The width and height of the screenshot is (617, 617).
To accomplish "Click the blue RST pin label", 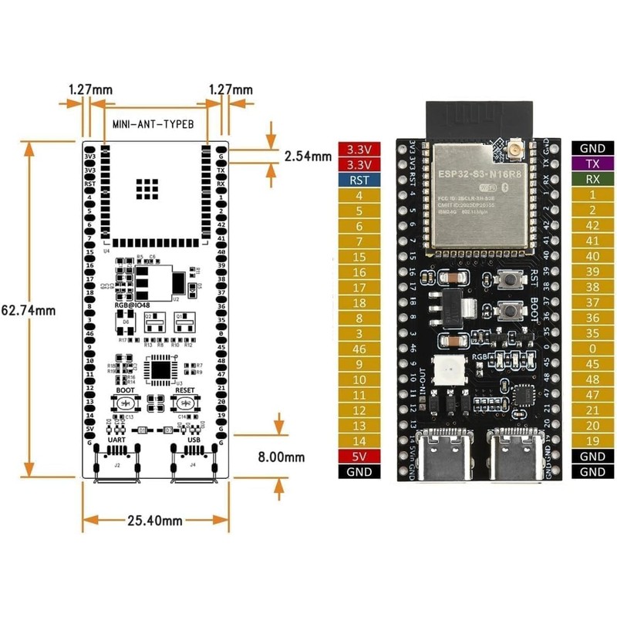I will coord(359,180).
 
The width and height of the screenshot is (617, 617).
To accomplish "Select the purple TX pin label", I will coord(592,164).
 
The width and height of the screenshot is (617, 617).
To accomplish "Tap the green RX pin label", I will coord(592,180).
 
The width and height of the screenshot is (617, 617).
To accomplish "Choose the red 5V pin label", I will coord(359,457).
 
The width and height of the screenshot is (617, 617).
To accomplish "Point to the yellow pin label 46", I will coord(359,349).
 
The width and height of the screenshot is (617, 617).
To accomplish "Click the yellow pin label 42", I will coord(592,226).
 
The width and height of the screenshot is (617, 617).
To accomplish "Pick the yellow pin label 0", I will coord(592,349).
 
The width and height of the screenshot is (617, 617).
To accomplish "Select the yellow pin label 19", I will coord(592,441).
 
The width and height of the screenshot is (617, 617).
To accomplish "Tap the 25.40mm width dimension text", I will coord(154,521).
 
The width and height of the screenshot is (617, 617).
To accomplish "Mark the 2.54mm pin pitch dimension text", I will coord(308,155).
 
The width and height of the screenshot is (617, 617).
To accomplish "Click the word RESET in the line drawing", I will coord(186,390).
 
